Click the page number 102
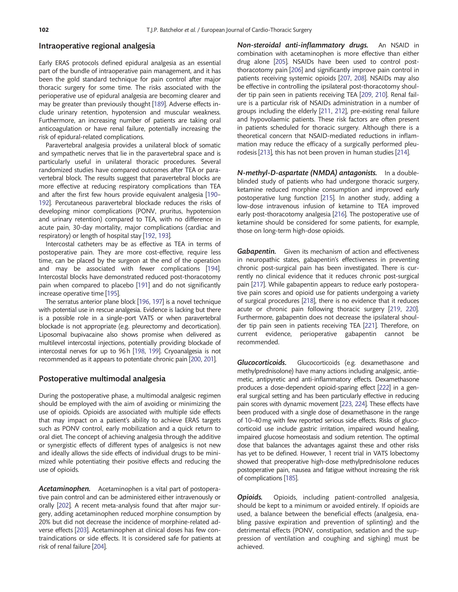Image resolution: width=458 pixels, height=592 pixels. (x=44, y=30)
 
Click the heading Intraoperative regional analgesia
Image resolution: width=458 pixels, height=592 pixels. (x=97, y=46)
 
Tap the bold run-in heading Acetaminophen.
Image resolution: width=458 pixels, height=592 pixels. (x=64, y=489)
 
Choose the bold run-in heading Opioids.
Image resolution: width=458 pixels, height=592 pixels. (x=250, y=497)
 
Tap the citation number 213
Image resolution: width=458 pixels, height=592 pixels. (x=265, y=152)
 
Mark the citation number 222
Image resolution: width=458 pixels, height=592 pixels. (x=384, y=387)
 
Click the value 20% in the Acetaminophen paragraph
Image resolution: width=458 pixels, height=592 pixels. (x=45, y=522)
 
